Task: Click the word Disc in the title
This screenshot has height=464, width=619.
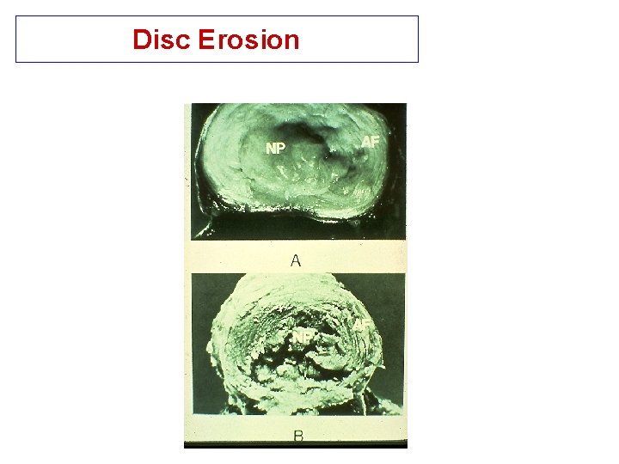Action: pos(162,40)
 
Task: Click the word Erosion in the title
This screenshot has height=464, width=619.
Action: pos(248,40)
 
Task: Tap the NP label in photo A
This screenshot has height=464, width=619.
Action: pos(275,148)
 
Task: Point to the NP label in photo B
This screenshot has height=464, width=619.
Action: pos(302,336)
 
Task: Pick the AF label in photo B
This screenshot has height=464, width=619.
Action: pos(362,323)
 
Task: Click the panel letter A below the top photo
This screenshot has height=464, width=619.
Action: pos(295,260)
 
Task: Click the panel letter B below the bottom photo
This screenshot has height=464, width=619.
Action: pos(297,437)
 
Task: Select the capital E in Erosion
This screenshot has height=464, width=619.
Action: pos(205,40)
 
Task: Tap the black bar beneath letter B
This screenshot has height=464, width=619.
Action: pos(295,446)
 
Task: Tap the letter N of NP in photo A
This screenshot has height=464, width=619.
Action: pos(270,148)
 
